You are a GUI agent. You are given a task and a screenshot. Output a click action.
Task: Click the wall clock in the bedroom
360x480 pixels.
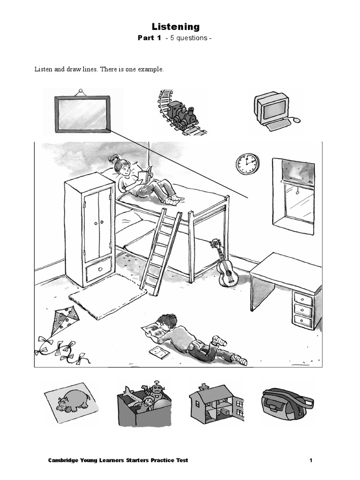click(x=247, y=164)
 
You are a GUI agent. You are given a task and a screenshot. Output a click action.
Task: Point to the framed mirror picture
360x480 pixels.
click(x=82, y=114)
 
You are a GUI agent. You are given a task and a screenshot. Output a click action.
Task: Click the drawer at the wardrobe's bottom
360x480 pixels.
click(x=99, y=270)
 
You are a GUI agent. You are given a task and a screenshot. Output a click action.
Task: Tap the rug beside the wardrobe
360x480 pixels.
click(x=107, y=296)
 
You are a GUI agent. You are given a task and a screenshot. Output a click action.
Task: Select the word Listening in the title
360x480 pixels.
click(x=175, y=27)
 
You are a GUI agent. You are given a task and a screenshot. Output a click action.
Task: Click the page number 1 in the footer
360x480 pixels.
click(x=310, y=460)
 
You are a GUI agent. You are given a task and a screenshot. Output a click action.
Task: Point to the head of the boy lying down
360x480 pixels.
click(x=167, y=322)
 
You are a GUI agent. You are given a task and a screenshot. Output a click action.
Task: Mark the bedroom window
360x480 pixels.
click(x=294, y=195)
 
